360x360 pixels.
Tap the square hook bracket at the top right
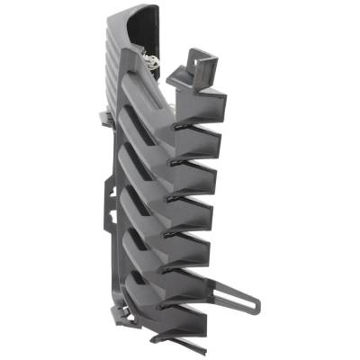click(x=203, y=64)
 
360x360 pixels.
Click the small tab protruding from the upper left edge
click(x=102, y=116)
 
